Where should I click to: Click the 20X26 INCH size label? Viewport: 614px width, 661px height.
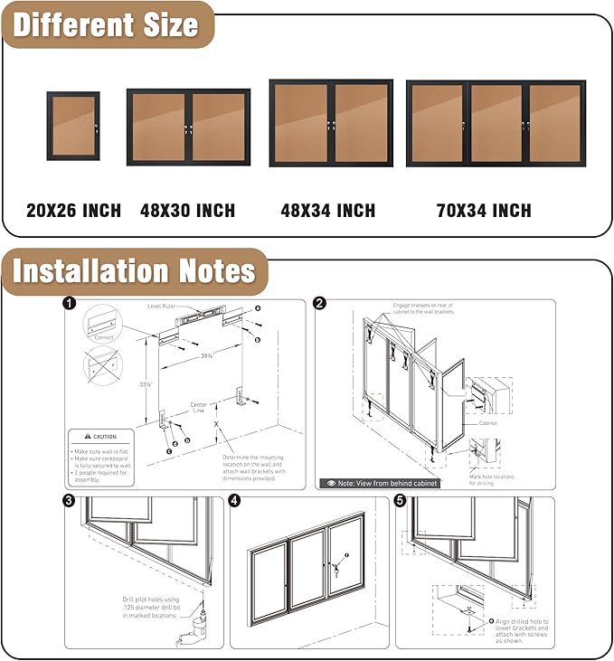[73, 211]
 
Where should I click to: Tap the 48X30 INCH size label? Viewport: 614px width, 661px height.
[187, 211]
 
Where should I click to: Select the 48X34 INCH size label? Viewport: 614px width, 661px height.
[327, 211]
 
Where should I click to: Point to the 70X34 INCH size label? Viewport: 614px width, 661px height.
[484, 211]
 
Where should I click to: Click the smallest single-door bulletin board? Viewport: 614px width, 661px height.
[73, 126]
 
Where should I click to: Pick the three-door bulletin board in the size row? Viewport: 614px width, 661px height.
[496, 123]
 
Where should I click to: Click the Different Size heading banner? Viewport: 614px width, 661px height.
[106, 24]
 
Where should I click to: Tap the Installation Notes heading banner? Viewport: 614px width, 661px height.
[135, 271]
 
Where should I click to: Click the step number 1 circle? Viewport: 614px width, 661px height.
[70, 305]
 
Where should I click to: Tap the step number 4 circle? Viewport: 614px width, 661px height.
[235, 501]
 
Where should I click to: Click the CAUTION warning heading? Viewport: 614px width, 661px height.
[100, 437]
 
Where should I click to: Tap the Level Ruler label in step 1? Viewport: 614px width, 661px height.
[165, 307]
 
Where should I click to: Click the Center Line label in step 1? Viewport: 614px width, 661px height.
[198, 408]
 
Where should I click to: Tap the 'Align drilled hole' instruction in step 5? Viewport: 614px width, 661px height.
[522, 631]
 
